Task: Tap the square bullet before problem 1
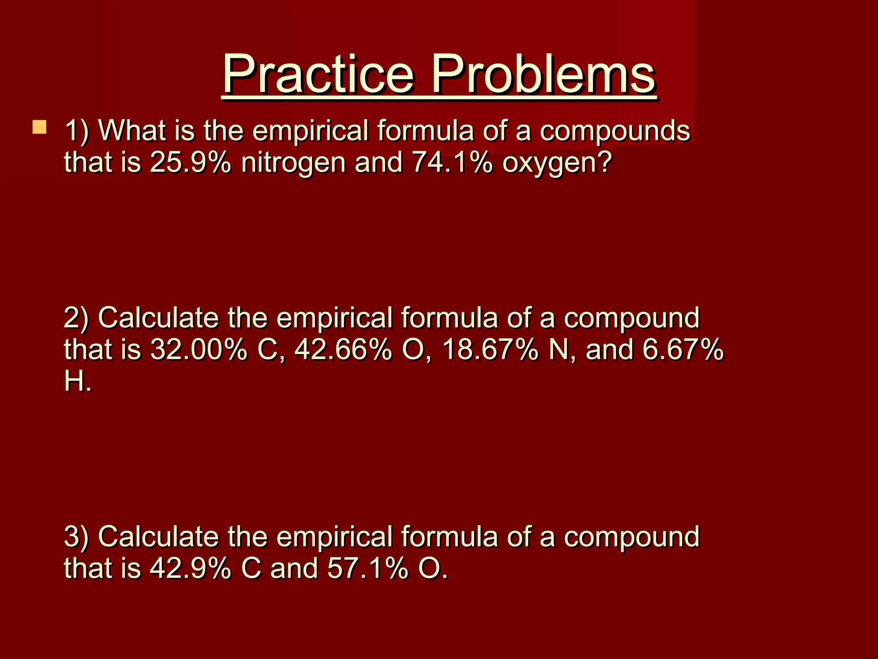tap(39, 127)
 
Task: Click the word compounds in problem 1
tap(615, 131)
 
